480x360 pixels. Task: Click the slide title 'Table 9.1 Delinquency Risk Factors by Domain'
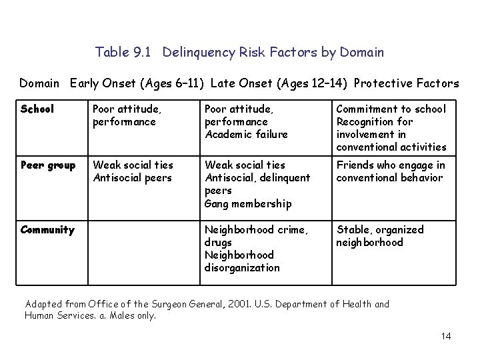[x=239, y=51]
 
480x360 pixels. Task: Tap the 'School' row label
[x=37, y=109]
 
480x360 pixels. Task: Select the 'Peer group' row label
[x=47, y=165]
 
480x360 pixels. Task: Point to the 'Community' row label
[x=47, y=230]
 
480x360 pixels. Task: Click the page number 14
[x=445, y=336]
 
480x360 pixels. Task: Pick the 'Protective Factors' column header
[x=406, y=83]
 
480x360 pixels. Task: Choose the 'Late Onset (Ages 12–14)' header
[x=279, y=83]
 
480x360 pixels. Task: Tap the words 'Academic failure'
[x=245, y=135]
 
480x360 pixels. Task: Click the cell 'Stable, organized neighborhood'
[x=379, y=236]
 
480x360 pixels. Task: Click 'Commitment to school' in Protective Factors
[x=391, y=109]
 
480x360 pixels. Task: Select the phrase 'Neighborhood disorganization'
[x=242, y=261]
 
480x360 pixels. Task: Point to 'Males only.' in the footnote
[x=133, y=316]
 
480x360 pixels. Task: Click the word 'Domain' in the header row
[x=39, y=83]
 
